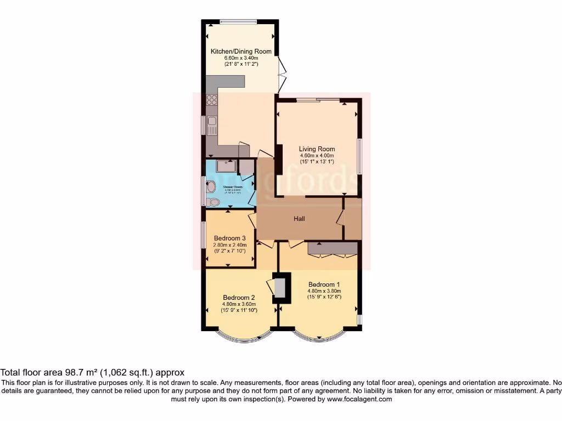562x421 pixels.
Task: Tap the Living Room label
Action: [317, 149]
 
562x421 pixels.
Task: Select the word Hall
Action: [299, 219]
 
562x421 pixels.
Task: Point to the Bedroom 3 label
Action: [230, 238]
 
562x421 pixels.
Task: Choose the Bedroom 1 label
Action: [325, 285]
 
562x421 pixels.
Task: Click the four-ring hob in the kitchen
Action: [211, 100]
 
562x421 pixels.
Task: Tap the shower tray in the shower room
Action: [226, 166]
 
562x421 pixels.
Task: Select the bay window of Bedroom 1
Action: [319, 338]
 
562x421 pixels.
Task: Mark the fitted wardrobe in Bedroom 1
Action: [333, 249]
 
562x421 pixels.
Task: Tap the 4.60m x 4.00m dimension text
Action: [317, 155]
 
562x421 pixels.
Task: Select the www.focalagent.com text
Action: [359, 400]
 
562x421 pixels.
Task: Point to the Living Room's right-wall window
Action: [360, 157]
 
